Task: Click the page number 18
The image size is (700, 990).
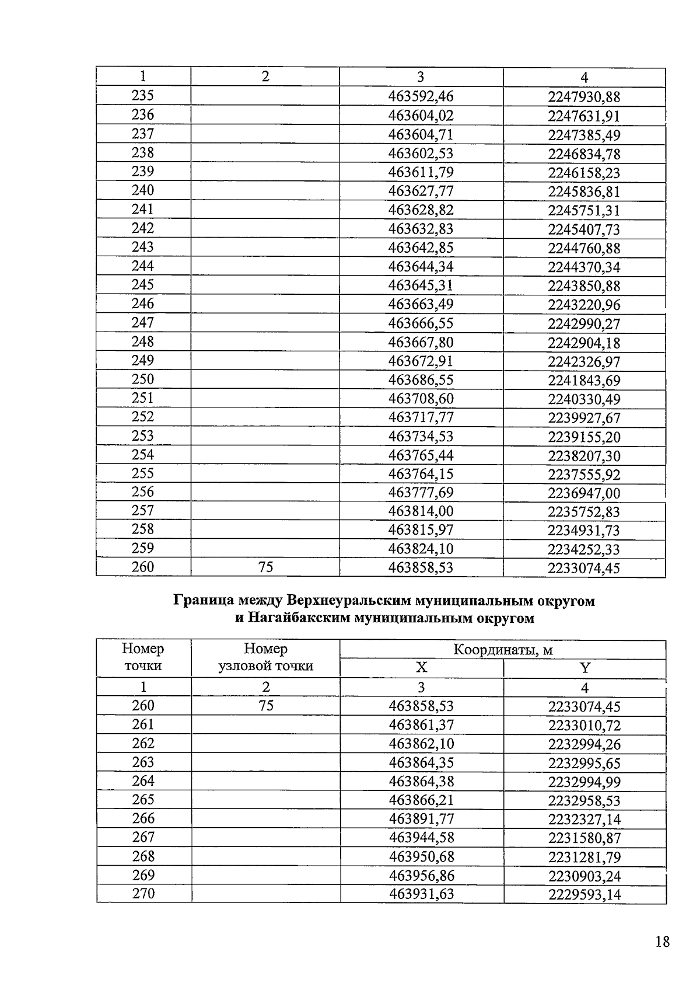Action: [662, 942]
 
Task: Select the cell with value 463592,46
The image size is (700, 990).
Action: [421, 96]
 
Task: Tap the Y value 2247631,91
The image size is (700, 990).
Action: [584, 116]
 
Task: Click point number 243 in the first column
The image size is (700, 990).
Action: [143, 247]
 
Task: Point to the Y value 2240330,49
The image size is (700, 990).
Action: [584, 399]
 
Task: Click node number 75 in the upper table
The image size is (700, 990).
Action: [265, 567]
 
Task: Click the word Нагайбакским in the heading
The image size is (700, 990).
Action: [300, 618]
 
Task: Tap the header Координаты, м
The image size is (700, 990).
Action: [503, 650]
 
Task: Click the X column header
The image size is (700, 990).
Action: [421, 668]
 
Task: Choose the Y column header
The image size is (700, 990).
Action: [584, 668]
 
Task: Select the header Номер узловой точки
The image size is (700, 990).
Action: [265, 658]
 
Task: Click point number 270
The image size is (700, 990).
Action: [143, 894]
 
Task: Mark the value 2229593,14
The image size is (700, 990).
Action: [584, 894]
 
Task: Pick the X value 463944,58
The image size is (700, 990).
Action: [421, 838]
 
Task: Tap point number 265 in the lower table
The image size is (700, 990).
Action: [143, 800]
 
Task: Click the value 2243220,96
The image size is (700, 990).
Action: [584, 305]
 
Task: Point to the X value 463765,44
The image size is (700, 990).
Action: [421, 455]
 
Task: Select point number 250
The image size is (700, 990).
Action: [143, 379]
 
